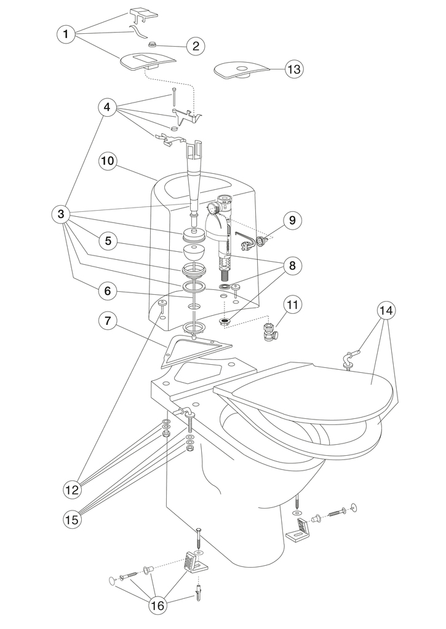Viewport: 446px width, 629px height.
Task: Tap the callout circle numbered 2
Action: [195, 45]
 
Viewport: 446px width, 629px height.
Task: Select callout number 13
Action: [294, 69]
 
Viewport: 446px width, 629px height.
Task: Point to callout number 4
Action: [107, 107]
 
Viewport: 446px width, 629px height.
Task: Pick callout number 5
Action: [108, 241]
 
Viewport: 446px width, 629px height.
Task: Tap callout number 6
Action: [108, 292]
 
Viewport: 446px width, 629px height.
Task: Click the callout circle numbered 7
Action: [108, 320]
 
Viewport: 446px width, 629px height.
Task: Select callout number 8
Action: [292, 265]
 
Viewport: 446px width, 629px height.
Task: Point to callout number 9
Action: [292, 220]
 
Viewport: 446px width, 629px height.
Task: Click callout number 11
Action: [292, 303]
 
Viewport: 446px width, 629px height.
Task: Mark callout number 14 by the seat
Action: [386, 310]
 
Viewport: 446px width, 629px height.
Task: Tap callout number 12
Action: [73, 490]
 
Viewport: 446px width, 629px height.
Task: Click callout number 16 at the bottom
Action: [158, 605]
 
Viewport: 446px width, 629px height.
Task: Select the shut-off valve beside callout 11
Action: [269, 331]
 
